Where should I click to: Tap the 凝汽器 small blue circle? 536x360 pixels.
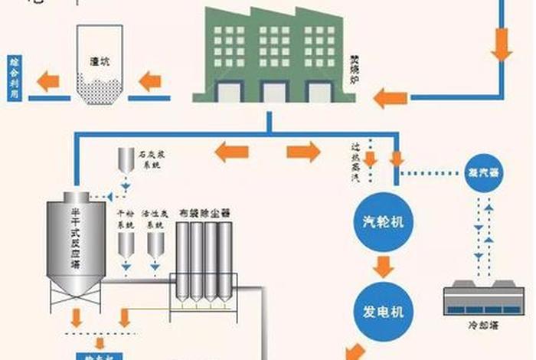482,172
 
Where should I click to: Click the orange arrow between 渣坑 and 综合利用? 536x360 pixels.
50,80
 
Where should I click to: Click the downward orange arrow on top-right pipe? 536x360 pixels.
502,44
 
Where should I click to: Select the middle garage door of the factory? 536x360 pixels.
273,91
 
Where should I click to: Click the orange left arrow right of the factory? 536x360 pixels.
391,97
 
